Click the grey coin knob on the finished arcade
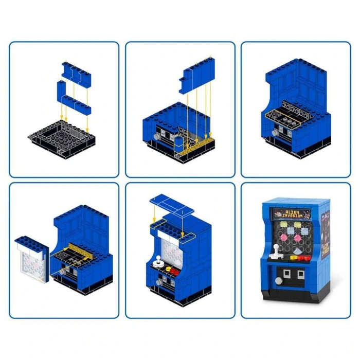click(279, 281)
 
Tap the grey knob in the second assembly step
click(155, 136)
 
